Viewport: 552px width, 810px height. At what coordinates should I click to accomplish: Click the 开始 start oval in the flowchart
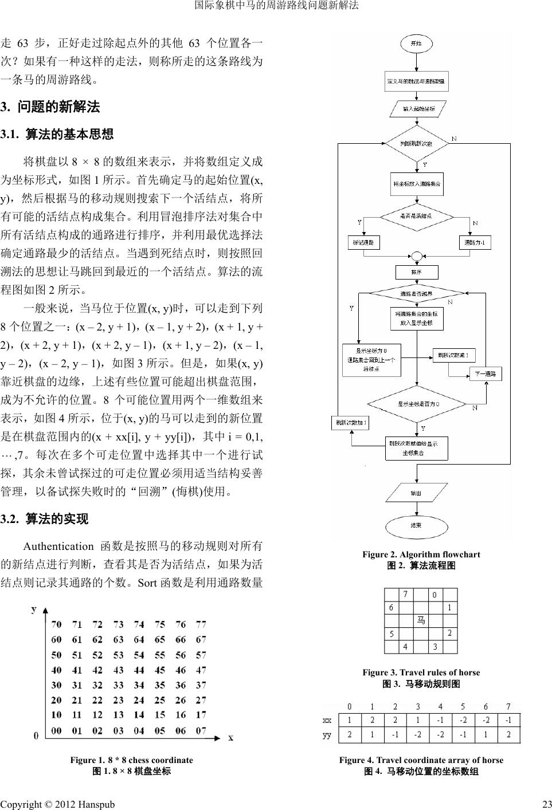click(x=416, y=44)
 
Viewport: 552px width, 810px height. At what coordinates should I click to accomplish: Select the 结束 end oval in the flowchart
click(x=416, y=525)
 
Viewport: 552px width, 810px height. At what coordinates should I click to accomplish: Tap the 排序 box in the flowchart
click(x=417, y=273)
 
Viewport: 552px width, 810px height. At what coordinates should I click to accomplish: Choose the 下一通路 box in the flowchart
click(x=486, y=375)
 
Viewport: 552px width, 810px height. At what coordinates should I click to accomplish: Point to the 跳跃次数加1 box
click(x=350, y=423)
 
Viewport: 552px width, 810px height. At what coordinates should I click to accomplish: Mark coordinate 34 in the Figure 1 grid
click(x=139, y=685)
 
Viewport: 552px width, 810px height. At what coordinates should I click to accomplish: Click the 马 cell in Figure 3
click(x=421, y=620)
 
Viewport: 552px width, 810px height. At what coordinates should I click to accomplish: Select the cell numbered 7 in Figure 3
click(x=406, y=594)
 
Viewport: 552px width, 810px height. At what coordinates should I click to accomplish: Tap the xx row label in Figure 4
click(x=327, y=719)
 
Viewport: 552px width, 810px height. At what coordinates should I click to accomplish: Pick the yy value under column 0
click(x=350, y=735)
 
